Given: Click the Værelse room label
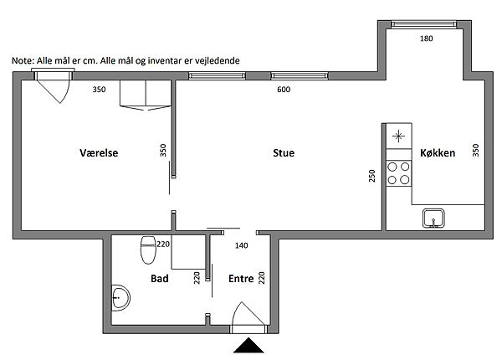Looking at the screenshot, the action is (99, 152).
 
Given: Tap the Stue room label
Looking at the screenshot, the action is (284, 152).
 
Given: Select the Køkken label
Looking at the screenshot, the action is (438, 152).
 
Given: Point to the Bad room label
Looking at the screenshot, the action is (160, 278).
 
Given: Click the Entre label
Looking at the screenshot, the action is (241, 278).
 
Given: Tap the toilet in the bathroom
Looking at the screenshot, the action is (148, 249).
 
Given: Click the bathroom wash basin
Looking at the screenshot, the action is (120, 298).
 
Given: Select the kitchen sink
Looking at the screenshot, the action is (433, 219).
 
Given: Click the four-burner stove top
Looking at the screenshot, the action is (398, 173).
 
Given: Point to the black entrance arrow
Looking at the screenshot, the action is (248, 345).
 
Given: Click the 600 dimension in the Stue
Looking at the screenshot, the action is (284, 90).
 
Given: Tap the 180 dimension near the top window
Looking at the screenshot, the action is (426, 39).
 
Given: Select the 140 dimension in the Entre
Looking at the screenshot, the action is (241, 245).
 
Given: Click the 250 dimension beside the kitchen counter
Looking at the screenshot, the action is (371, 176).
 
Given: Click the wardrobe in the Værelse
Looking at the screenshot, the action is (146, 95).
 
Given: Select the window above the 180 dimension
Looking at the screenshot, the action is (424, 24).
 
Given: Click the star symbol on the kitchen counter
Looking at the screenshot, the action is (398, 136).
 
